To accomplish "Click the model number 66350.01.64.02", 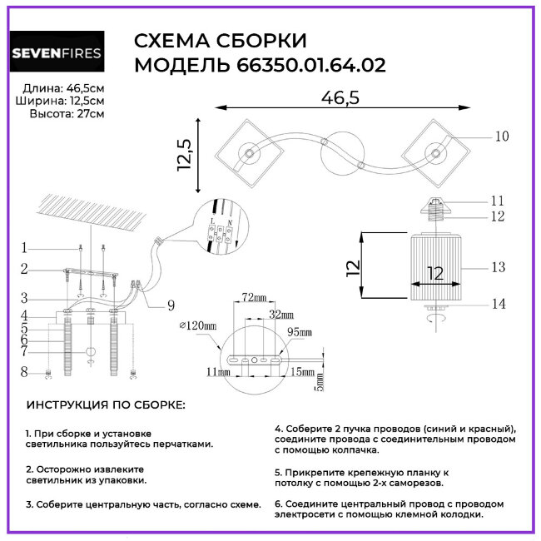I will pos(306,66).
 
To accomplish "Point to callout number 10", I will pos(501,136).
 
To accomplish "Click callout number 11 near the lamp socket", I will pos(498,201).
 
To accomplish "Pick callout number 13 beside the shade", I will pos(498,267).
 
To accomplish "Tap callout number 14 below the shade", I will pos(498,305).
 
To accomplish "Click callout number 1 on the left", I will pos(25,247).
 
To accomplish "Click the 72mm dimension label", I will pos(253,297).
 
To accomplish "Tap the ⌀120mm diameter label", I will pos(196,325).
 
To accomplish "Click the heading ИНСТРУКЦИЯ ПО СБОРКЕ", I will pos(106,405).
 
